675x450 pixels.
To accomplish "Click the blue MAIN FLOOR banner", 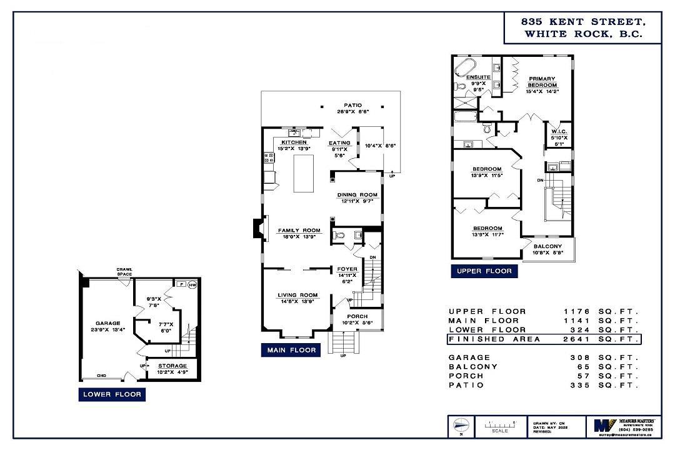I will pos(291,350).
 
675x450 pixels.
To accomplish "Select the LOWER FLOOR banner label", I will pos(112,394).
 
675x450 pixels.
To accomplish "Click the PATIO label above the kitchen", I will pos(352,105).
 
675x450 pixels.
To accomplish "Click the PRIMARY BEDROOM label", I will pos(542,82).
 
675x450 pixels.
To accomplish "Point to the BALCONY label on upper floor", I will pos(547,246).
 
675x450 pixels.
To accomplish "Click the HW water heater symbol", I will pos(192,284).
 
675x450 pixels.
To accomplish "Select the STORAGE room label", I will pos(172,366).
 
